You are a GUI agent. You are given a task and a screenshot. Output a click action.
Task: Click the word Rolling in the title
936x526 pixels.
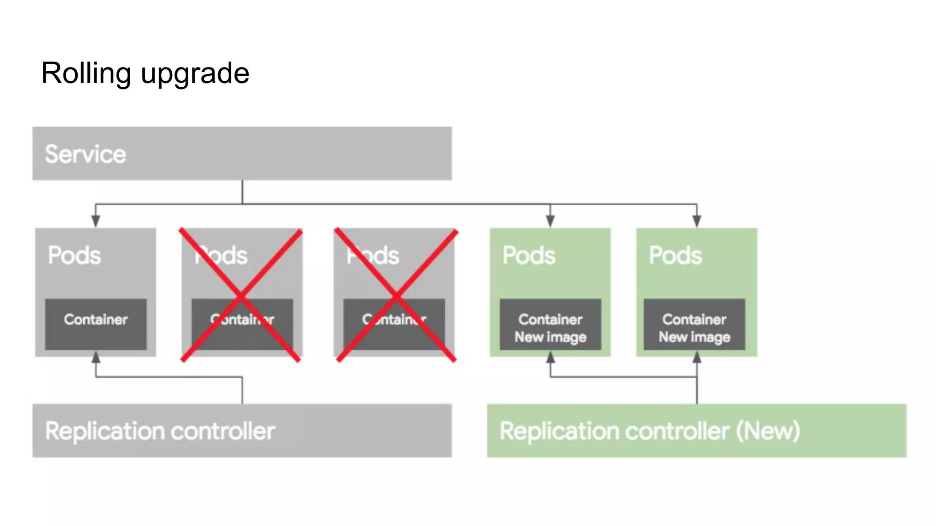[x=86, y=73]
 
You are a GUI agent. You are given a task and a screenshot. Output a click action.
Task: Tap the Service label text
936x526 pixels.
[x=85, y=154]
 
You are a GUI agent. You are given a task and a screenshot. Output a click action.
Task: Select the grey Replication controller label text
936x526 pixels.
[x=160, y=431]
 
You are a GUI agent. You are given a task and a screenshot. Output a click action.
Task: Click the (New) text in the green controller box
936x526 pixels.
[x=768, y=431]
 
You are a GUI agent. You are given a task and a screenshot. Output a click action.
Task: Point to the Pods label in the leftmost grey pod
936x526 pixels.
[x=74, y=255]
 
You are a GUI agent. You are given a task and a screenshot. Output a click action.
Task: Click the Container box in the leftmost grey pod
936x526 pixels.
[x=96, y=324]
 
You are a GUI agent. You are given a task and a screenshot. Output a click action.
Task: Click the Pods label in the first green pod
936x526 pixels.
[x=529, y=255]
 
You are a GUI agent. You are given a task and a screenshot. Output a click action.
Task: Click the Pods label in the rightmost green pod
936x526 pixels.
[x=675, y=255]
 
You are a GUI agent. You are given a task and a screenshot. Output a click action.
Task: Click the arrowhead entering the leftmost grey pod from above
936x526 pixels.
[x=96, y=221]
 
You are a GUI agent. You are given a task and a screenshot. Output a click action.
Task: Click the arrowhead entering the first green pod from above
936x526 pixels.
[x=550, y=221]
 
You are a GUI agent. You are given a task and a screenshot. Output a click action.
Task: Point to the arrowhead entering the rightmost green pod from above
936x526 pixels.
[x=697, y=221]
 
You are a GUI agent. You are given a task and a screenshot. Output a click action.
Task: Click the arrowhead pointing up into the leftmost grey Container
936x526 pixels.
[x=96, y=357]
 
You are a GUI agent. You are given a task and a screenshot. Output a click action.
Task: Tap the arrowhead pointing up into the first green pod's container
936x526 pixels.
[x=551, y=358]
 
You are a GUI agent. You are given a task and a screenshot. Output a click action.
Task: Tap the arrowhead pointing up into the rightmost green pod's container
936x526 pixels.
[x=697, y=358]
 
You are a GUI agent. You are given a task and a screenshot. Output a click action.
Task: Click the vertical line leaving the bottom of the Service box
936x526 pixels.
[x=242, y=192]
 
